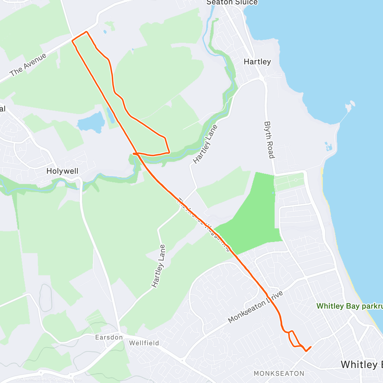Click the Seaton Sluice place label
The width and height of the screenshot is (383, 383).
[232, 3]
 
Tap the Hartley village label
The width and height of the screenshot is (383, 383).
[257, 62]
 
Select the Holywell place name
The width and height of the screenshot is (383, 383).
[62, 171]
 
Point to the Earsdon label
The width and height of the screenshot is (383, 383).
[109, 337]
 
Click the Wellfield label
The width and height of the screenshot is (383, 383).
[144, 343]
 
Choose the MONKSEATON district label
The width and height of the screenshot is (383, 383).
[279, 373]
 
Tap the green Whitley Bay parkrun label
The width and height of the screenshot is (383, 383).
[349, 306]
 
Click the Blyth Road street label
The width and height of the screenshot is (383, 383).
[269, 139]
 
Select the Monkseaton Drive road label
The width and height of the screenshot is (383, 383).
[255, 307]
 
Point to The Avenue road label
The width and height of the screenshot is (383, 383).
[28, 65]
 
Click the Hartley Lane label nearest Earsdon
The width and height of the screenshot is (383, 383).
[159, 266]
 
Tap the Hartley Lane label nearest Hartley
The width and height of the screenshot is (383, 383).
[205, 144]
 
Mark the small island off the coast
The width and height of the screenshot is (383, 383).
[351, 105]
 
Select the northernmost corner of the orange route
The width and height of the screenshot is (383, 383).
[86, 32]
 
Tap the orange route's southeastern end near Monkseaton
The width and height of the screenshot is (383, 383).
[310, 347]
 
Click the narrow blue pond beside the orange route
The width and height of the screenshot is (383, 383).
[111, 116]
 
